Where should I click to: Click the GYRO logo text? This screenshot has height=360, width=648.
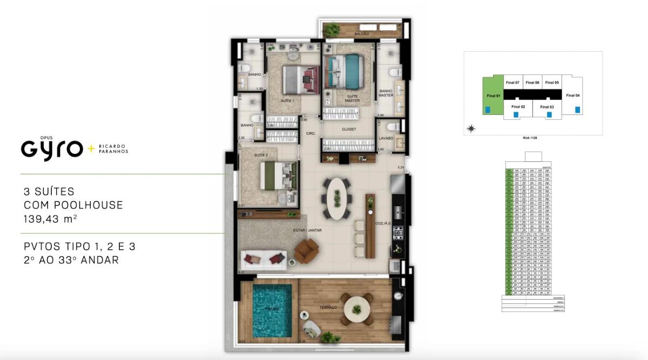coord(52,148)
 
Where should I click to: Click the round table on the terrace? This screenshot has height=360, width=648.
coord(357,309)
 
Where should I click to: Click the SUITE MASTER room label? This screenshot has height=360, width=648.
coord(352,98)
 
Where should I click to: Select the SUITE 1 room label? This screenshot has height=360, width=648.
coord(287,101)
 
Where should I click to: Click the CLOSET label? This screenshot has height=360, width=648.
coord(349,130)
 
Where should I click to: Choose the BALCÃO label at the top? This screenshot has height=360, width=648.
coord(361,34)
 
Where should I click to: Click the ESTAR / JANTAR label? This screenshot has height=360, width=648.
coord(308,230)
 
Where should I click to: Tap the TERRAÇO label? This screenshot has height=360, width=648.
coord(328,307)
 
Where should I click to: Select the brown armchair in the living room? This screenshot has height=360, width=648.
coord(307,251)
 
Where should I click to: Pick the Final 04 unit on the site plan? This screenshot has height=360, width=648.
coord(572,96)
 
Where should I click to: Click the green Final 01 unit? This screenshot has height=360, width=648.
coord(494,96)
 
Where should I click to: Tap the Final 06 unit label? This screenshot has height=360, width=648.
coord(532,83)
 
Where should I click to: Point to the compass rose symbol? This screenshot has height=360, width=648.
coord(471,128)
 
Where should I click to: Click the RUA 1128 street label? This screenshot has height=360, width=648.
coord(529,138)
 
